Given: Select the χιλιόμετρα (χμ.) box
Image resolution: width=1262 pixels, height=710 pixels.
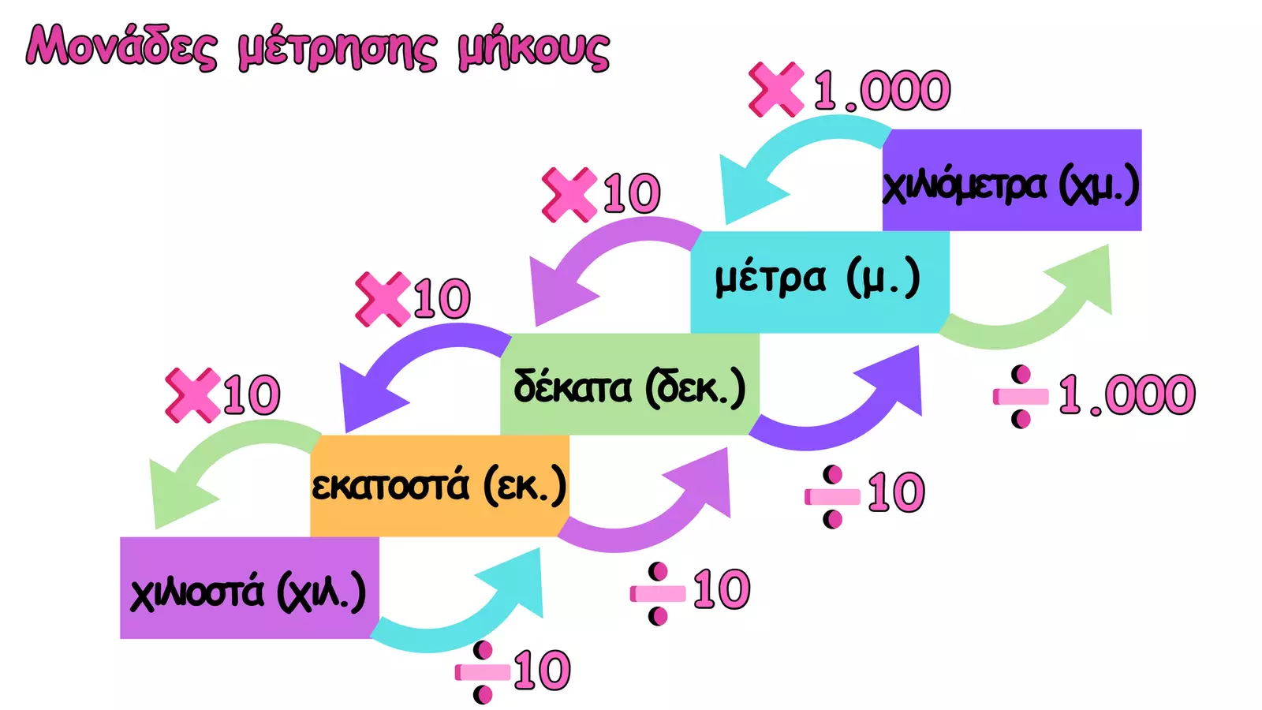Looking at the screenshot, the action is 1012,180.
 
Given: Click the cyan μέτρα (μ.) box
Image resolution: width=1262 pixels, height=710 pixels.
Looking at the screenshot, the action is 820,282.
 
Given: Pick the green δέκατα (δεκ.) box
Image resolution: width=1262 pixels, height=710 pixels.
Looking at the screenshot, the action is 629,384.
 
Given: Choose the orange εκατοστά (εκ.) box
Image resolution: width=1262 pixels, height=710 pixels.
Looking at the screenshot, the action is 439,486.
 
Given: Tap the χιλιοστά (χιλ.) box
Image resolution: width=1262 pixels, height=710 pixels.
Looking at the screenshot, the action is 249,588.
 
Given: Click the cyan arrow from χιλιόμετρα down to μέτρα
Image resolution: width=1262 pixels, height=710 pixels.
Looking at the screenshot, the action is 789,141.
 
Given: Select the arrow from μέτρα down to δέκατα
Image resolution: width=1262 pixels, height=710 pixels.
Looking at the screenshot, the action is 597,242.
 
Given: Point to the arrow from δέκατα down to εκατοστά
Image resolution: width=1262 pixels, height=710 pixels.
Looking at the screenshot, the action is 405,346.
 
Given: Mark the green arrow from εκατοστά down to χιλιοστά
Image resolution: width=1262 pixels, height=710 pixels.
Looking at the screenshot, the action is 217,448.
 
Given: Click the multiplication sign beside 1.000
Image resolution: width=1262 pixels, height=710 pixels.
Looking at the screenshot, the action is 776,89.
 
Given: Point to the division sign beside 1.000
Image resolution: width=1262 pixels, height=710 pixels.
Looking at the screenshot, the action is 1021,397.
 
